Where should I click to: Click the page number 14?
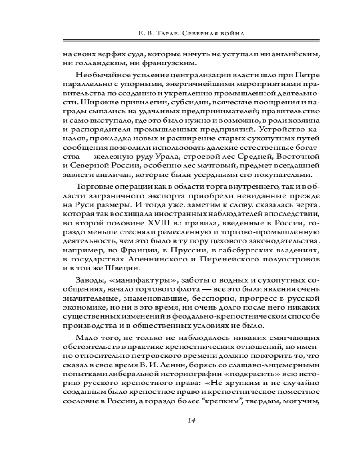191,420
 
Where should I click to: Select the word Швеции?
123,269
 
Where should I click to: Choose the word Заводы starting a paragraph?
89,280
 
